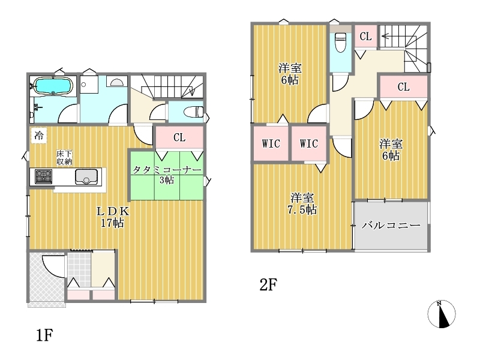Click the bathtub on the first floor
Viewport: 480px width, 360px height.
pos(53,86)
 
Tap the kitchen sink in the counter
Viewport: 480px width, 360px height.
pos(86,176)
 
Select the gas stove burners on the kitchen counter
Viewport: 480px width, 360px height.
pos(43,176)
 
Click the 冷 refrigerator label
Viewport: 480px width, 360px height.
pos(38,136)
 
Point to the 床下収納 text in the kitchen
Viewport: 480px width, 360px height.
pos(64,157)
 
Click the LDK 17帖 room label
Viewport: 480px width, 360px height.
pos(113,217)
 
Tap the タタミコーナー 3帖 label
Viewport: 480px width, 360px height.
pos(167,175)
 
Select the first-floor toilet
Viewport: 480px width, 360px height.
pos(193,112)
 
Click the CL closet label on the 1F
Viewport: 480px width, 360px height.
pos(179,137)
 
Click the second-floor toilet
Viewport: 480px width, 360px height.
pos(340,42)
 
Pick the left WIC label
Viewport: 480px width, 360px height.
pos(271,143)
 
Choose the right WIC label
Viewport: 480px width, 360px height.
pos(309,143)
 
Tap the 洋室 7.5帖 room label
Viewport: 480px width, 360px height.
pos(302,204)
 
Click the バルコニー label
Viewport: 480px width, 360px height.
pos(391,226)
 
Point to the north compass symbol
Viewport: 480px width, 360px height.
pos(442,314)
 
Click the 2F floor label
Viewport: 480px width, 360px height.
pos(268,285)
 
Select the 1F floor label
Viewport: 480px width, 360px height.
pos(44,335)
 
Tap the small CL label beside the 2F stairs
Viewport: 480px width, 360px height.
pos(365,37)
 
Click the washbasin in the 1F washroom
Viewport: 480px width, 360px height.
pos(116,82)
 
